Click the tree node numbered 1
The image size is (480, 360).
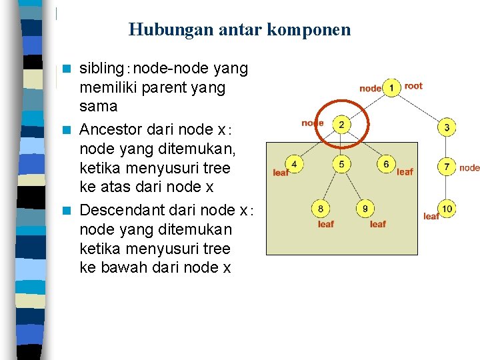(391, 87)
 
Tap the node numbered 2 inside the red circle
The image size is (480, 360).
(341, 125)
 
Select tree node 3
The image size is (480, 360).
(447, 127)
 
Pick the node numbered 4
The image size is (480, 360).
(294, 164)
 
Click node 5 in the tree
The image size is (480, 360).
(341, 164)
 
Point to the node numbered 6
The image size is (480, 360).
(386, 164)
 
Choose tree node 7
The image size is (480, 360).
(447, 166)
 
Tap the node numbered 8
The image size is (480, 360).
(321, 209)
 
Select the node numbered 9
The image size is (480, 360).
(365, 209)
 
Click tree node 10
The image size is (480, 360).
(447, 209)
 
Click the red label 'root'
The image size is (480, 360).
(413, 86)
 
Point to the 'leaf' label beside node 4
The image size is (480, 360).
(281, 173)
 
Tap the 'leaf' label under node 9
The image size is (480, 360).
(377, 224)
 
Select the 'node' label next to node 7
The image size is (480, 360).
(469, 168)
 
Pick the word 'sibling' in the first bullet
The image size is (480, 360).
(100, 69)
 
